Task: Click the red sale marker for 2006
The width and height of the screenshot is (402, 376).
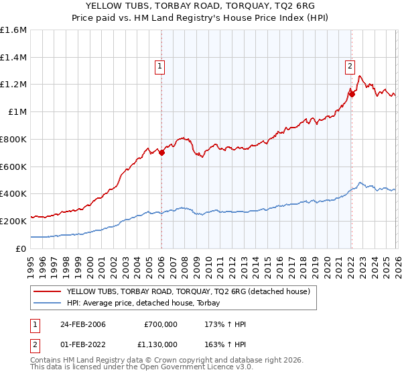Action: pos(162,152)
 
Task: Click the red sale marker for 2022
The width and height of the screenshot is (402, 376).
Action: pos(352,93)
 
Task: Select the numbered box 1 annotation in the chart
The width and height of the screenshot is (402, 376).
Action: pos(161,66)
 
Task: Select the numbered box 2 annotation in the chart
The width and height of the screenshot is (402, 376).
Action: pos(350,66)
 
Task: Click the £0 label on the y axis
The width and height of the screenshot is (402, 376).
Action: pos(21,248)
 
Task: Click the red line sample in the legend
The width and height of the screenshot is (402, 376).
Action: pos(48,292)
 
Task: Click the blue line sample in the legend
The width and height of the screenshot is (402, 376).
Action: pos(48,303)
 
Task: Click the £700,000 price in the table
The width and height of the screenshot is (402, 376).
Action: pos(160,324)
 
